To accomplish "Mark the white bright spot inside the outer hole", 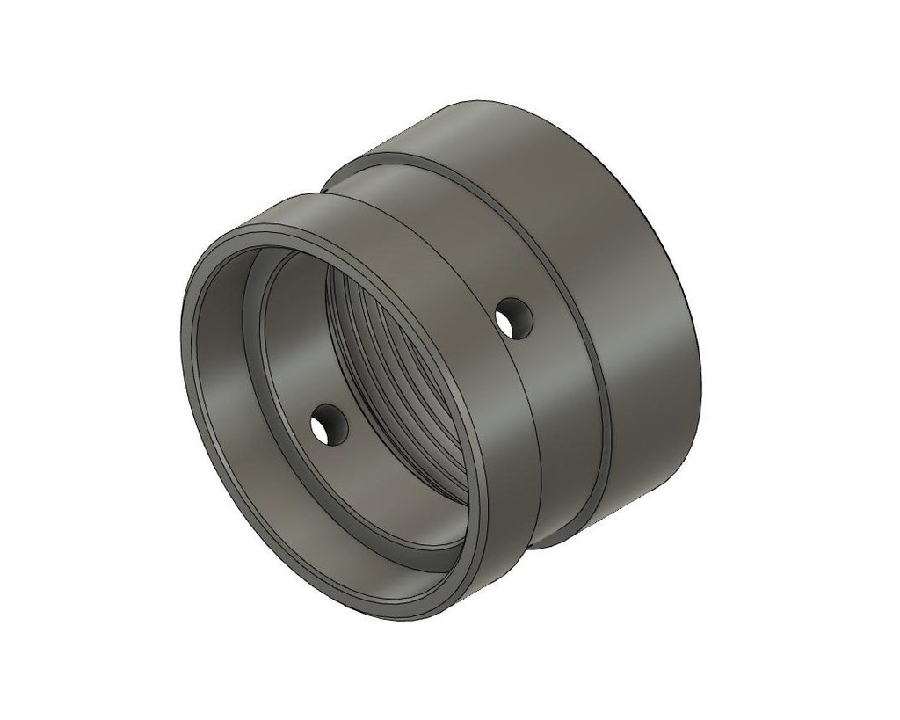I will pos(519,322).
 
